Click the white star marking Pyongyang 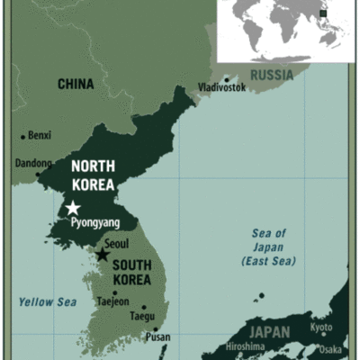73,208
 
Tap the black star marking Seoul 103,256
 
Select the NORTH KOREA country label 93,175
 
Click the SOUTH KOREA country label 137,272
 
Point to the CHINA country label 76,84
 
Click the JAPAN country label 269,332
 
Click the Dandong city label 33,163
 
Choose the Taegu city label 141,317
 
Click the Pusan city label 157,337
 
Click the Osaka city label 331,349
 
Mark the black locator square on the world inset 323,13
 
